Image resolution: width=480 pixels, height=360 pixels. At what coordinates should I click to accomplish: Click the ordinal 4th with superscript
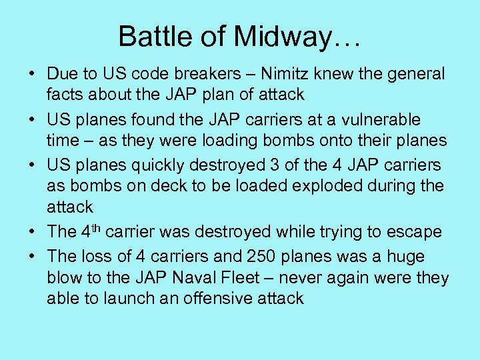coord(92,231)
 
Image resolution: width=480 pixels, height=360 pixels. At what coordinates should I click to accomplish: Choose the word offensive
coord(218,298)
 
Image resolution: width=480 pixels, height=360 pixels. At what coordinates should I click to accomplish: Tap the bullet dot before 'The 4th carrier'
coord(32,232)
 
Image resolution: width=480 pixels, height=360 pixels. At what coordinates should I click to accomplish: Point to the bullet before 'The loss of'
coord(32,257)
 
